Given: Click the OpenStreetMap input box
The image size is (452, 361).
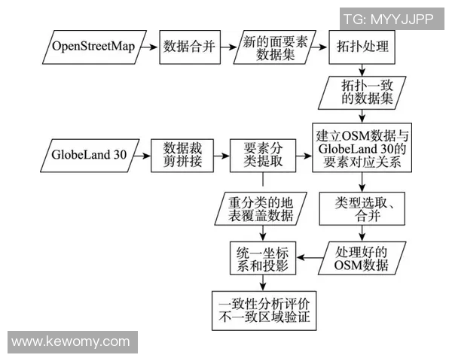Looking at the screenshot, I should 93,47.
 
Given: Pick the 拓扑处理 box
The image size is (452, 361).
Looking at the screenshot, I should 362,47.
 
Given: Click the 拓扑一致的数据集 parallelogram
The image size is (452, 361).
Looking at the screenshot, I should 363,93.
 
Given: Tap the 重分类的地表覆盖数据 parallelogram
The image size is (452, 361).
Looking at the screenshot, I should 262,210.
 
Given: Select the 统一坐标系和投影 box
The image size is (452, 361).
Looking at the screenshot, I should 263,257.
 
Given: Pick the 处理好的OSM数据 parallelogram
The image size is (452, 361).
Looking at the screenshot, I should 363,257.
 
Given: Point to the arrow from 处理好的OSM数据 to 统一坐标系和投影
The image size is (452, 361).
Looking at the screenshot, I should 310,257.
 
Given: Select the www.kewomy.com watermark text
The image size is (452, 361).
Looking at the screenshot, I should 71,341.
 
